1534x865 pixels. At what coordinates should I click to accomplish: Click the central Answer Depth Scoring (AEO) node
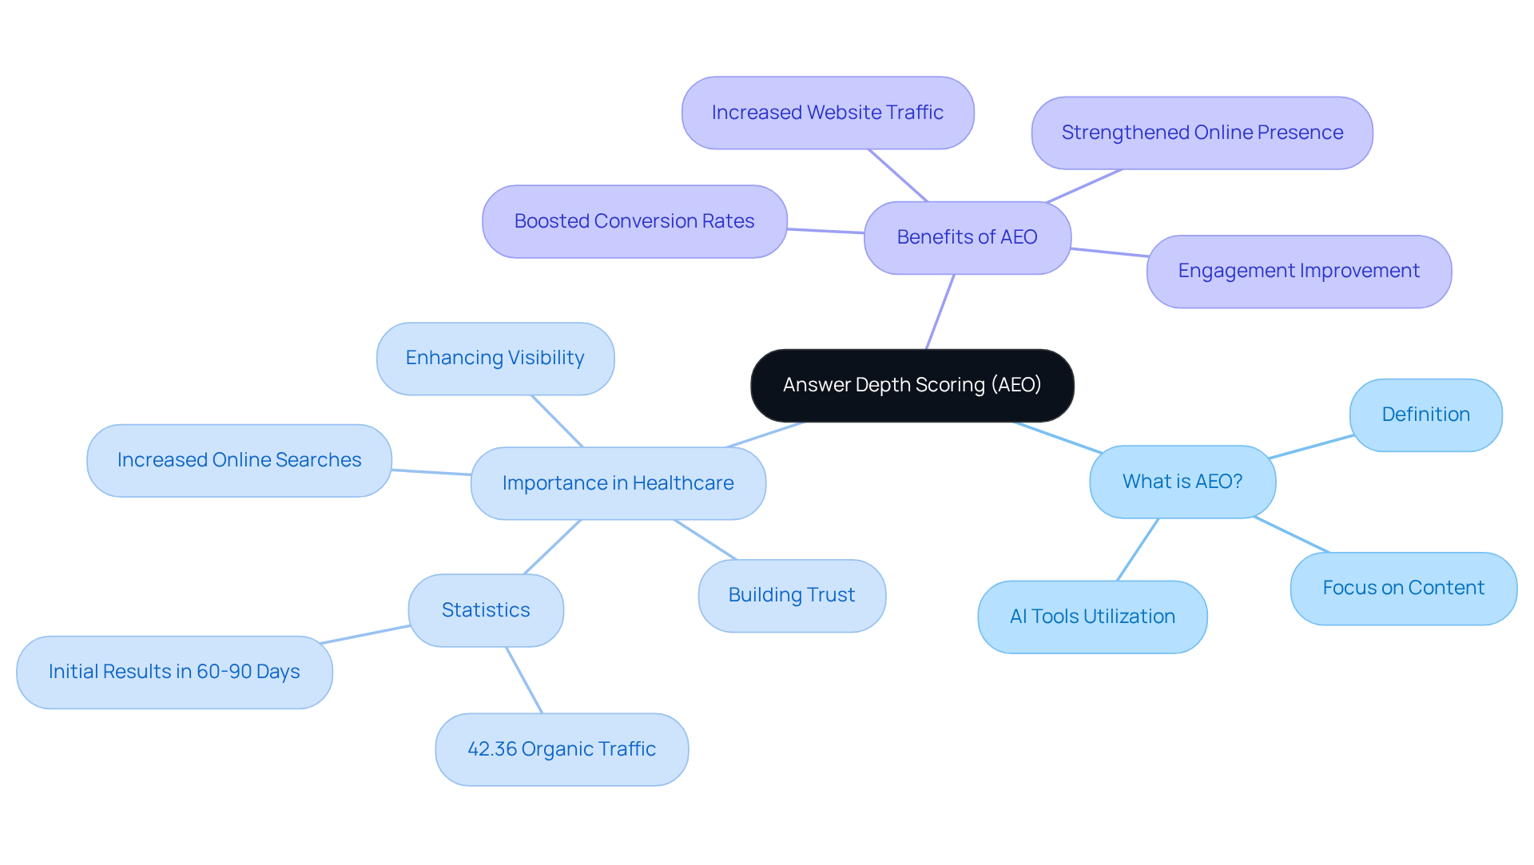coord(912,385)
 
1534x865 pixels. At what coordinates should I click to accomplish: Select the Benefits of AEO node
coord(967,237)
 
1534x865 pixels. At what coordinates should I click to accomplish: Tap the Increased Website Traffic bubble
coord(827,113)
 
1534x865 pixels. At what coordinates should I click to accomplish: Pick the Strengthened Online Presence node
coord(1202,133)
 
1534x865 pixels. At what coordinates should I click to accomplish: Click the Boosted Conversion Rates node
coord(634,221)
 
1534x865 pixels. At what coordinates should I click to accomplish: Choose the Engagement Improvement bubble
coord(1298,271)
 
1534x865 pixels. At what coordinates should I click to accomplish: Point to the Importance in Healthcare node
coord(618,483)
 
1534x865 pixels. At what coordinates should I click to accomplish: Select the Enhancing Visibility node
coord(495,358)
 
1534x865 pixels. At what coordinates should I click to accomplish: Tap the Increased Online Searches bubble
coord(239,460)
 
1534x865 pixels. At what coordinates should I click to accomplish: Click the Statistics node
coord(486,610)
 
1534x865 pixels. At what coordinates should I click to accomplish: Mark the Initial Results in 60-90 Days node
coord(174,672)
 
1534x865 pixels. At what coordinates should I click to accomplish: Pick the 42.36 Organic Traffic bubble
coord(562,749)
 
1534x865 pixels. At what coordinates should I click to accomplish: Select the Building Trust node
coord(791,595)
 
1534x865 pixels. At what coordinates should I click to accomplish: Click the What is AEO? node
coord(1182,482)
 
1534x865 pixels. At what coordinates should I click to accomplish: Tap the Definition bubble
coord(1425,415)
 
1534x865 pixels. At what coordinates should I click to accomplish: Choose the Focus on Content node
coord(1403,588)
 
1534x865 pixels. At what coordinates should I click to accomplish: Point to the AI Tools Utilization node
coord(1092,617)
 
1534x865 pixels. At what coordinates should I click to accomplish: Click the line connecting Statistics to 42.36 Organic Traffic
coord(524,680)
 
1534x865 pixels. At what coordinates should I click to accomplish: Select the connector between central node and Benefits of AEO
coord(940,311)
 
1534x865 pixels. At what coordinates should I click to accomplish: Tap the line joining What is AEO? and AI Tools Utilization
coord(1138,550)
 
